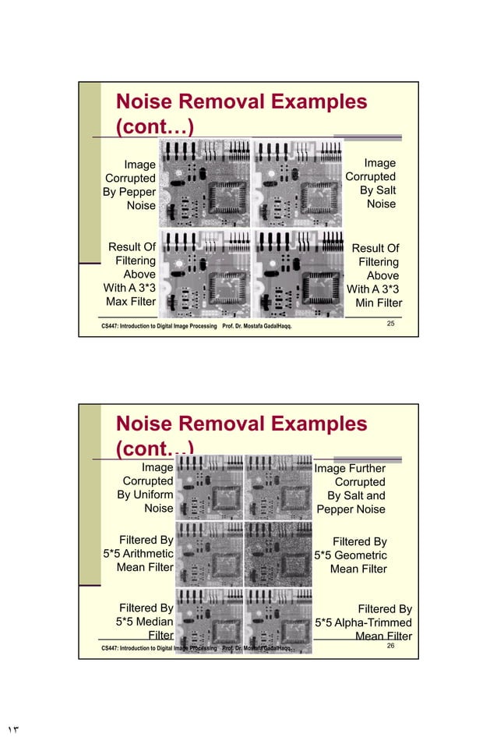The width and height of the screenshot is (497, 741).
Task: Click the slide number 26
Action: (391, 646)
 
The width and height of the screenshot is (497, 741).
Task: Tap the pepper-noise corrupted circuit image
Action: (204, 183)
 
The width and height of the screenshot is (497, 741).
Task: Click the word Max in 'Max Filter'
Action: (118, 302)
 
